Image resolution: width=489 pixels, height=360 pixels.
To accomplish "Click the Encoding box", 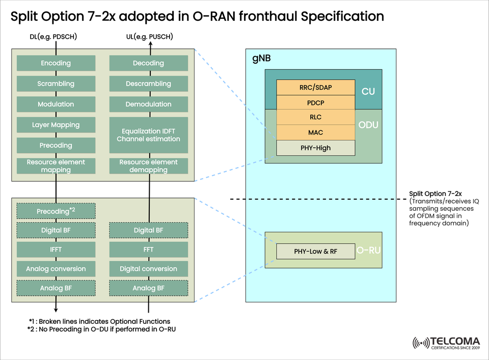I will [56, 63].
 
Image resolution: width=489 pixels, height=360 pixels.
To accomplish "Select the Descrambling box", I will [148, 84].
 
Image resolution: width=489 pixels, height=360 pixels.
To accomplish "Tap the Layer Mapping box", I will [56, 125].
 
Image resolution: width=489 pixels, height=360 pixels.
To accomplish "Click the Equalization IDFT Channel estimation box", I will [148, 135].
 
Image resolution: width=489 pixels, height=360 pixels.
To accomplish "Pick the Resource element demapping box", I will [148, 166].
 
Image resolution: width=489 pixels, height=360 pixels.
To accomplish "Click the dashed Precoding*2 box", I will [56, 211].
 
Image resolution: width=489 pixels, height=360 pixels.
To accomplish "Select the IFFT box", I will [56, 250].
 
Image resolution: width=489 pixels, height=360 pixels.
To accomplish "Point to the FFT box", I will [148, 250].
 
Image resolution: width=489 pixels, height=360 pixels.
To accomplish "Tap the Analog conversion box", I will [56, 269].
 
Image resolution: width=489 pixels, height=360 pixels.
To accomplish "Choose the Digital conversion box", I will [148, 269].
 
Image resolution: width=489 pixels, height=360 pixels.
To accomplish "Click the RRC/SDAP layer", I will [315, 88].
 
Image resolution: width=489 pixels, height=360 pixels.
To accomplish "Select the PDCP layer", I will [315, 102].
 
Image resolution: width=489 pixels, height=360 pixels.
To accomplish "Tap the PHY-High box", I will [315, 148].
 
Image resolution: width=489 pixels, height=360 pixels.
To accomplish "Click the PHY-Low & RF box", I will [315, 252].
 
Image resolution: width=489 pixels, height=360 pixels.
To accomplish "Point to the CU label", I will [368, 92].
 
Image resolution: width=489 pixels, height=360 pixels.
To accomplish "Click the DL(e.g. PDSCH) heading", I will [53, 37].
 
